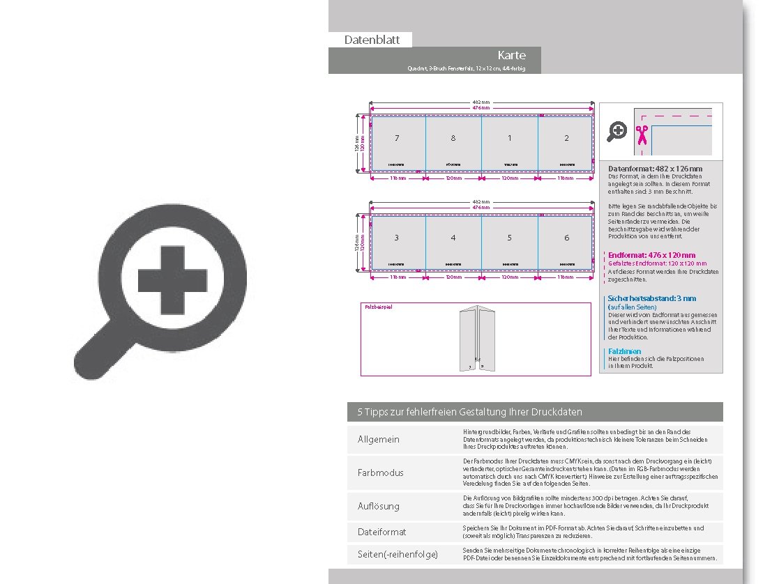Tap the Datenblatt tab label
(x=372, y=40)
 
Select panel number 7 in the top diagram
(x=397, y=138)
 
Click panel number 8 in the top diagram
(x=453, y=138)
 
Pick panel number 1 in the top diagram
(x=510, y=138)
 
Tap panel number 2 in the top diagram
(x=566, y=138)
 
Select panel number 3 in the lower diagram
(x=397, y=238)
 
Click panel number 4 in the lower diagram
(x=453, y=238)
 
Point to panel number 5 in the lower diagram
(x=510, y=238)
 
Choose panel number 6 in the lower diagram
(x=566, y=238)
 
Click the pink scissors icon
(x=641, y=135)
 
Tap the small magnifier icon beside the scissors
(x=617, y=131)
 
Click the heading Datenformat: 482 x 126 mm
(x=655, y=169)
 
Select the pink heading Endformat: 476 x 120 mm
(x=651, y=255)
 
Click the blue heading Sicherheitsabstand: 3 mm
(x=651, y=298)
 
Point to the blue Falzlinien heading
(x=624, y=351)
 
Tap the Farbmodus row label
(x=380, y=472)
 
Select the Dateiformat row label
(x=381, y=532)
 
